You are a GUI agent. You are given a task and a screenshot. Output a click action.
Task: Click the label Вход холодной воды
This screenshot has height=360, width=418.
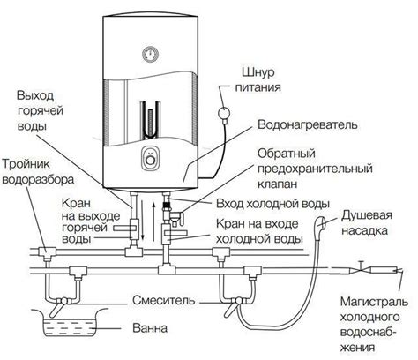(x=278, y=204)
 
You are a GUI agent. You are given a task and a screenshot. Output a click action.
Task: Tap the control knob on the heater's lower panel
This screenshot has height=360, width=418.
(x=150, y=161)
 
